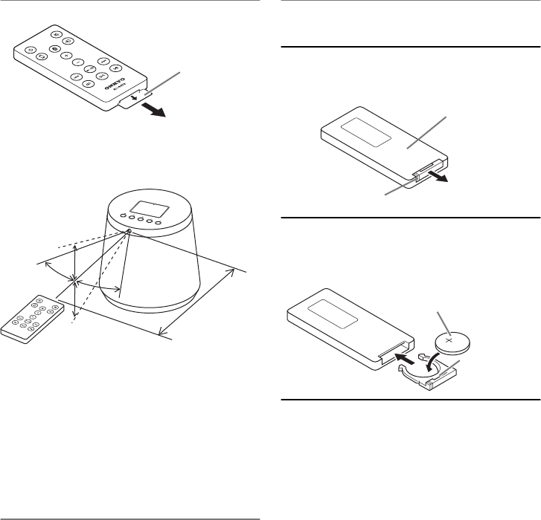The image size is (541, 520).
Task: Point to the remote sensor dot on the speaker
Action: (129, 231)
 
